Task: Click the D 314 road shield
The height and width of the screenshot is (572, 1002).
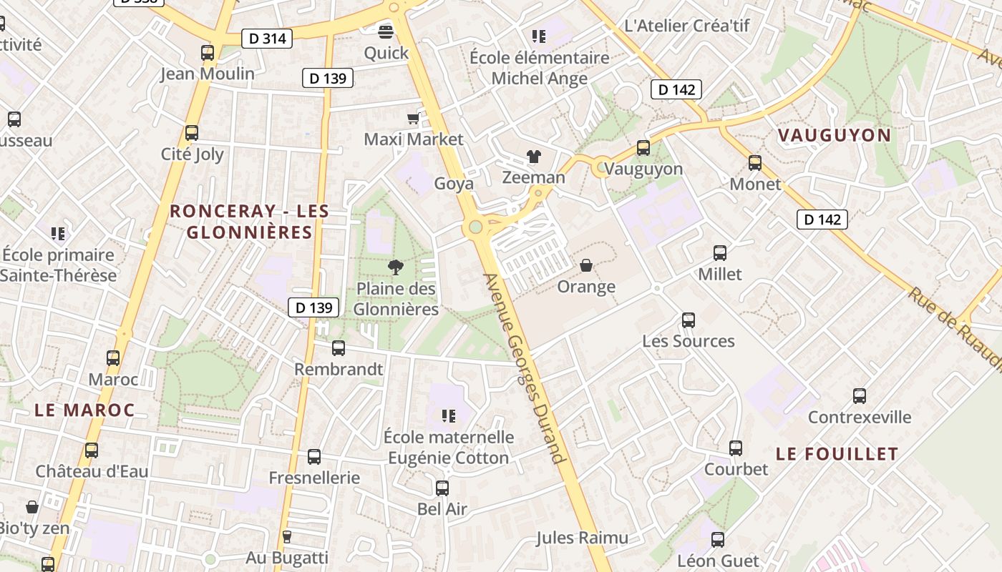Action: [268, 39]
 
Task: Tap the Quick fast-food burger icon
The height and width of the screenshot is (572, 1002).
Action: [386, 31]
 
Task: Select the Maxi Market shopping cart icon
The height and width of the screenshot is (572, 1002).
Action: [413, 118]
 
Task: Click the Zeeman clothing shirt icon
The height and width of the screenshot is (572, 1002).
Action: [533, 156]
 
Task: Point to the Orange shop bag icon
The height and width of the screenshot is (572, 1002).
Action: [586, 265]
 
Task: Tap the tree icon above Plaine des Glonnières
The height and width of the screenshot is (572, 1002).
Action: [394, 267]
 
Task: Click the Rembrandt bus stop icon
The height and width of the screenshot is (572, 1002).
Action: [339, 348]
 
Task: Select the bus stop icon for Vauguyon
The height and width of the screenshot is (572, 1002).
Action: [643, 148]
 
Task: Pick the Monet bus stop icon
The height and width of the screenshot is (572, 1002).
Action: [755, 163]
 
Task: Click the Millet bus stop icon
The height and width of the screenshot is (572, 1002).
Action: [720, 253]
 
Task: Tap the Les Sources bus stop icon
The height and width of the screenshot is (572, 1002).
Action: [689, 320]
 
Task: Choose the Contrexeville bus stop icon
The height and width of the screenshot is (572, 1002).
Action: [860, 396]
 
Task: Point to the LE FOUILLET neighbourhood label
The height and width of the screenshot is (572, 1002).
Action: [837, 454]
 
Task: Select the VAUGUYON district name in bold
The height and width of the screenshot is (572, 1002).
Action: [834, 135]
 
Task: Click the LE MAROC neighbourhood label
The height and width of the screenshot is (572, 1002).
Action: [84, 410]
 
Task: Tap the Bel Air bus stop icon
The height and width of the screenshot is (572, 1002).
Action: [442, 488]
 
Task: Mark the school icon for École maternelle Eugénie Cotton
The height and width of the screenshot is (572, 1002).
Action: [449, 415]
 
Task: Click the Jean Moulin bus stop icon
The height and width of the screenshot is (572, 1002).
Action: [208, 52]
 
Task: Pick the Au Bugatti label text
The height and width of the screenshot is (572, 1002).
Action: [286, 558]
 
